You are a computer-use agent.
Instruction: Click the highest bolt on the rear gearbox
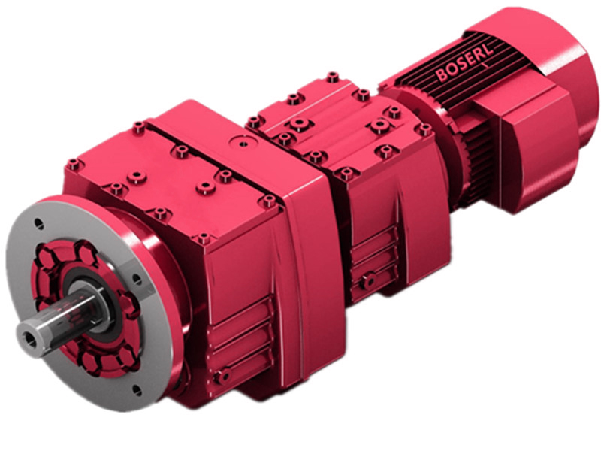point(331,77)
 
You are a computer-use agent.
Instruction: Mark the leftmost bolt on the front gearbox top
point(72,164)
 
